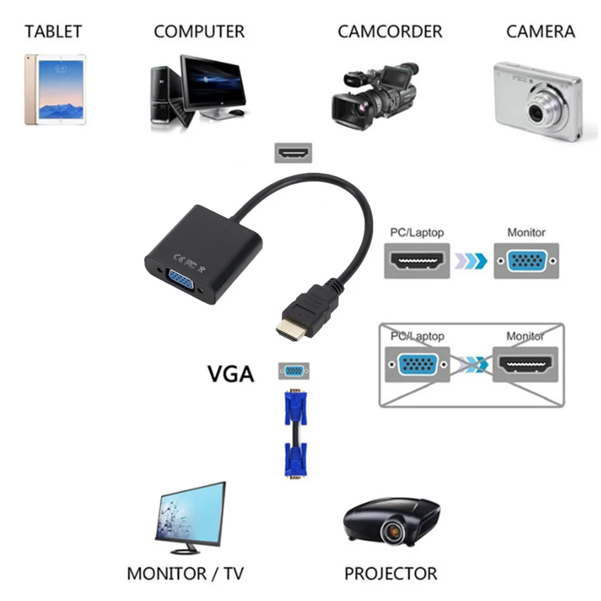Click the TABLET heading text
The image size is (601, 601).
[53, 31]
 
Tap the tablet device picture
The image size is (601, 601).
[55, 90]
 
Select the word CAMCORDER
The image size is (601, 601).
[390, 32]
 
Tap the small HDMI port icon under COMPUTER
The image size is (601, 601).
[293, 152]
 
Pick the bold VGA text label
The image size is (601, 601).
[231, 373]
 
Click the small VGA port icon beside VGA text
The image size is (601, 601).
[294, 371]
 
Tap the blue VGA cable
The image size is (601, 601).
[294, 435]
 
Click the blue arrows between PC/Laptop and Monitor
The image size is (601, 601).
[471, 261]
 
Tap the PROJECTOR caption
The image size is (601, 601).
[390, 573]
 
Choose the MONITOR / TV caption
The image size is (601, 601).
[185, 573]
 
